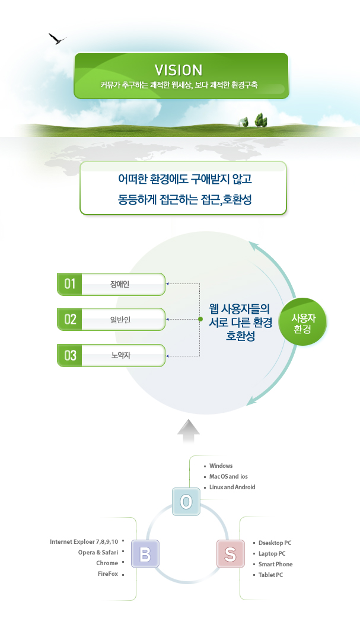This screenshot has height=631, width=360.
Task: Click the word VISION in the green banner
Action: pyautogui.click(x=179, y=70)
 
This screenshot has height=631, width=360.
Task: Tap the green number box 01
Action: pyautogui.click(x=69, y=284)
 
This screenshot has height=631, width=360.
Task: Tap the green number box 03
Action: pyautogui.click(x=69, y=355)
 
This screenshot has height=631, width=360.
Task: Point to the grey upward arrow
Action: pyautogui.click(x=189, y=431)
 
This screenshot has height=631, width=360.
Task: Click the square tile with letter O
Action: pyautogui.click(x=187, y=502)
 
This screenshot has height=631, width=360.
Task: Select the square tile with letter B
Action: pyautogui.click(x=145, y=554)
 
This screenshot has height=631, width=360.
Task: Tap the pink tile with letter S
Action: pyautogui.click(x=230, y=554)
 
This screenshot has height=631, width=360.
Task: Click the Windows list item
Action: pyautogui.click(x=221, y=466)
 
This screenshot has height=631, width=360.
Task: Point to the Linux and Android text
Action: pyautogui.click(x=232, y=487)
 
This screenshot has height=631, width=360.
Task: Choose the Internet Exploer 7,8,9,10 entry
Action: pyautogui.click(x=84, y=541)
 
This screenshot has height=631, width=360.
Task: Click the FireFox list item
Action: pyautogui.click(x=108, y=573)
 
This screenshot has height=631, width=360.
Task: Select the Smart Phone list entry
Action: pyautogui.click(x=275, y=564)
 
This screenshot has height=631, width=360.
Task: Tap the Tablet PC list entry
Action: pyautogui.click(x=270, y=575)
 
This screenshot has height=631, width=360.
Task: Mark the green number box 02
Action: pyautogui.click(x=69, y=320)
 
